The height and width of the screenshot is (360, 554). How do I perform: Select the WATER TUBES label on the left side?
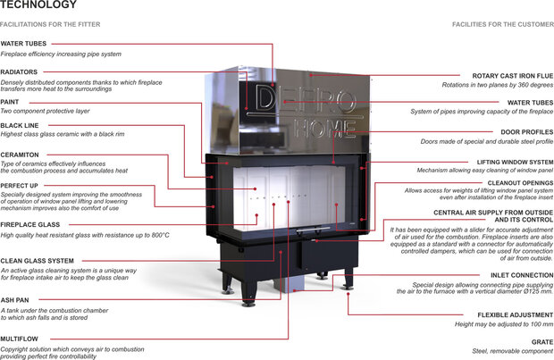click(x=24, y=43)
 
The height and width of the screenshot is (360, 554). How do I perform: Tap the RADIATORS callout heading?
click(x=20, y=71)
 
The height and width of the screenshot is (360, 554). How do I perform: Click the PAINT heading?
click(x=11, y=101)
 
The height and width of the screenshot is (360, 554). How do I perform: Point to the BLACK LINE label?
click(x=19, y=126)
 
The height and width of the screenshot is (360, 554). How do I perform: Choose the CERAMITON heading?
click(x=20, y=155)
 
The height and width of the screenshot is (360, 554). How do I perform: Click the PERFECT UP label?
click(x=20, y=185)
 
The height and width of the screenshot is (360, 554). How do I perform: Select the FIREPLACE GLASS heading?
click(x=31, y=224)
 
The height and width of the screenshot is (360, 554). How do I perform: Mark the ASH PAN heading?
click(x=15, y=299)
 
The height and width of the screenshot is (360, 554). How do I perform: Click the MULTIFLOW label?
click(x=20, y=339)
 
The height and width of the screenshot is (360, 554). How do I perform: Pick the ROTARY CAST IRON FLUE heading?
click(x=512, y=76)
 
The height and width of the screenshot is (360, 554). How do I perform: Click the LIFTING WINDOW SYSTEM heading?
click(x=515, y=162)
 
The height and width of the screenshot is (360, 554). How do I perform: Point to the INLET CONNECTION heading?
click(x=522, y=275)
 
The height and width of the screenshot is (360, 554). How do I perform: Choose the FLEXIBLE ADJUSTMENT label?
click(x=517, y=314)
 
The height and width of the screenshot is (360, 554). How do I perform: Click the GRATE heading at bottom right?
click(x=541, y=341)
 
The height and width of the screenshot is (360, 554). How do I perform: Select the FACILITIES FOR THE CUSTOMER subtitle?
click(x=502, y=23)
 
